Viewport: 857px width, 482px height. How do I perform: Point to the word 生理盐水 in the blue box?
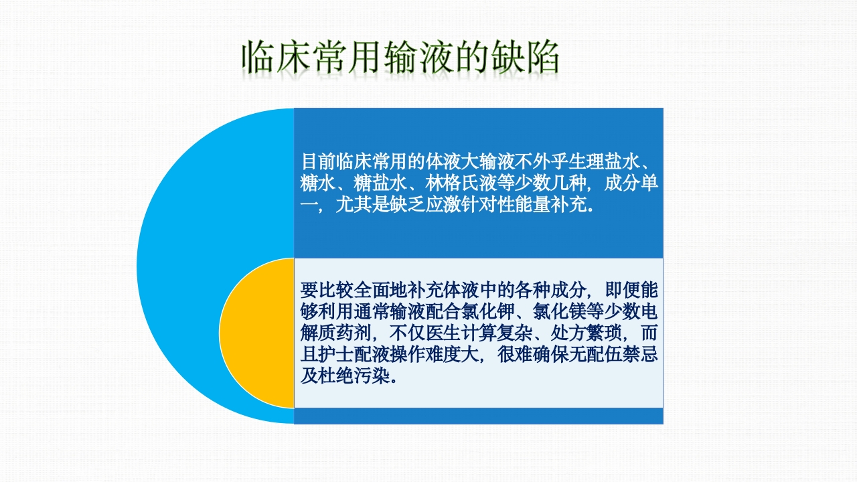603,162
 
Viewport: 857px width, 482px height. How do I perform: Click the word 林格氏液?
461,183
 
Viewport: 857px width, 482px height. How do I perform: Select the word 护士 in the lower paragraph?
336,354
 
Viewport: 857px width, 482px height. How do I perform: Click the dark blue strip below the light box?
478,416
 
